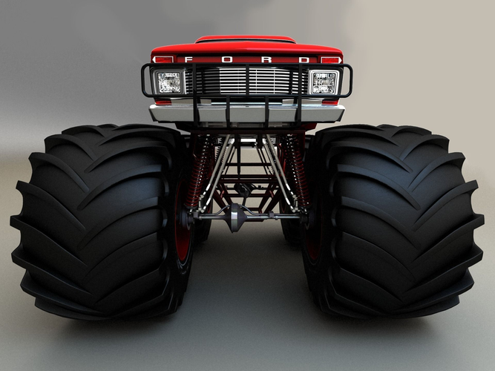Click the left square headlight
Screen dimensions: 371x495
169,82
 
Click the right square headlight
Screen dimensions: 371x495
323,82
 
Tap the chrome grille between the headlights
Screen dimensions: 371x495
246,80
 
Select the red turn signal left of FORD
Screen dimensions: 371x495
163,59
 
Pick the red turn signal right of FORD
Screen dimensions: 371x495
330,59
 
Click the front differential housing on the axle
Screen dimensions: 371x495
237,217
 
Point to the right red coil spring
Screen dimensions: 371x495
297,171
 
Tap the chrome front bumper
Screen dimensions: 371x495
246,112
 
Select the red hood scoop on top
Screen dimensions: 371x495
245,39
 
